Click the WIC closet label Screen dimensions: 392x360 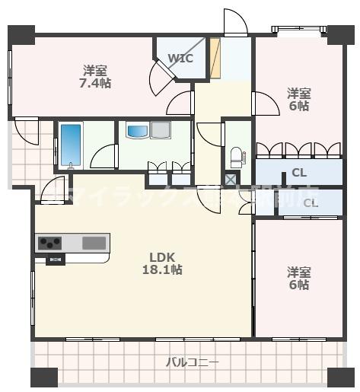[x=180, y=58]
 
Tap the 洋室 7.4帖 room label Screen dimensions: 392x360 [x=97, y=77]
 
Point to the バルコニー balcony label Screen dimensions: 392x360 [x=193, y=362]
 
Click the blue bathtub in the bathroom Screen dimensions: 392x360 [x=70, y=144]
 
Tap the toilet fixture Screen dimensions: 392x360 [x=236, y=158]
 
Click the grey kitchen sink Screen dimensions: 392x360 [x=94, y=243]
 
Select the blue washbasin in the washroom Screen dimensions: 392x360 [x=139, y=131]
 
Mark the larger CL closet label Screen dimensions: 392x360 [x=299, y=173]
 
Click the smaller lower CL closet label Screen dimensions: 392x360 [x=311, y=202]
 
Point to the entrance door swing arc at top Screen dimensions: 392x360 [x=235, y=22]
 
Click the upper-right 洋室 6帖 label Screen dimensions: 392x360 [x=298, y=100]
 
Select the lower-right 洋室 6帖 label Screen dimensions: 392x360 [x=298, y=278]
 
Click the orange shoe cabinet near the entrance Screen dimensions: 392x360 [x=215, y=57]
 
